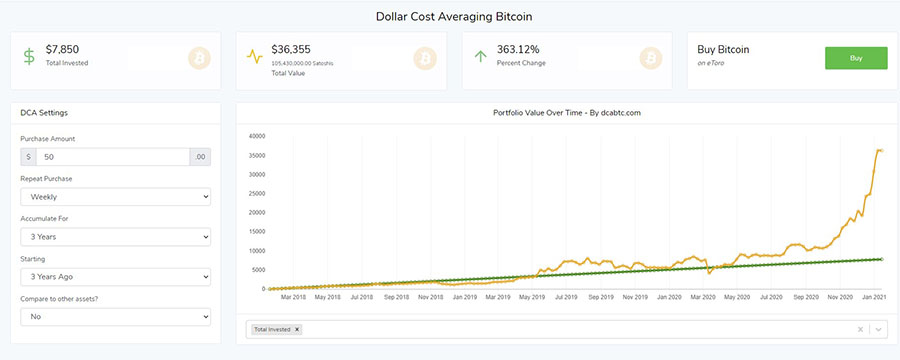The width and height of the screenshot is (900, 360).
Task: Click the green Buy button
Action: tap(855, 58)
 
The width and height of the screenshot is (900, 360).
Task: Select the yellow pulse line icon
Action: tap(255, 57)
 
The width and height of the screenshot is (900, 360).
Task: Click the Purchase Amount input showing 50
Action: tap(113, 157)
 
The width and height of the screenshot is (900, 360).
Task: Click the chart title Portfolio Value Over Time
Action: tap(566, 112)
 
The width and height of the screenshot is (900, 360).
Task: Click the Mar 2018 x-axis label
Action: tap(293, 297)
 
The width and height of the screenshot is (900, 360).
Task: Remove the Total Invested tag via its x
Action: tap(297, 329)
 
